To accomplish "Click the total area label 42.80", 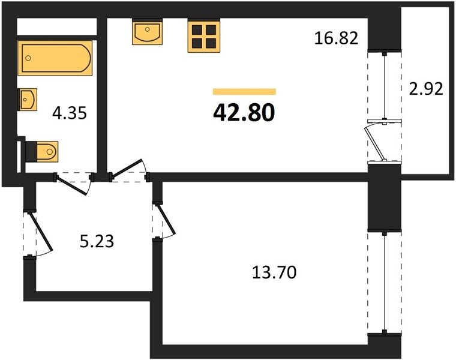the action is (244, 113).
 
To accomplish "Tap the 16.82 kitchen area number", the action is (336, 38).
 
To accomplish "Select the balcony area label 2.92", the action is (426, 89).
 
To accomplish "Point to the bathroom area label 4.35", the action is (70, 113).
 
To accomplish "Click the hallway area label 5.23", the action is (97, 241).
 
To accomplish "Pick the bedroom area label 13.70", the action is (274, 272).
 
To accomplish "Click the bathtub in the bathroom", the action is (55, 58).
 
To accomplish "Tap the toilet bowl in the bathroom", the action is (47, 151).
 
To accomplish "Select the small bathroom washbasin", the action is (28, 100).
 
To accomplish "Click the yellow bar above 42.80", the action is (244, 92).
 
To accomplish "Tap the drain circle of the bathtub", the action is (28, 58).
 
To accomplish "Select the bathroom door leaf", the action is (73, 185).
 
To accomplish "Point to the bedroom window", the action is (385, 282).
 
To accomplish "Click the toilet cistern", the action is (31, 152).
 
